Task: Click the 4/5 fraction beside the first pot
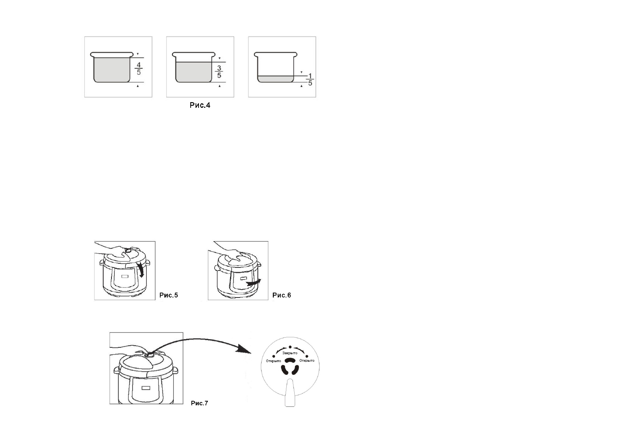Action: [x=139, y=68]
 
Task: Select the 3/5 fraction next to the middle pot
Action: [x=219, y=72]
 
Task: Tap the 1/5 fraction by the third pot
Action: [x=310, y=79]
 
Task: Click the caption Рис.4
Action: [x=200, y=106]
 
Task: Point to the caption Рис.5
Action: [x=169, y=295]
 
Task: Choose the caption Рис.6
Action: [x=281, y=295]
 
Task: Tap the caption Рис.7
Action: [x=199, y=403]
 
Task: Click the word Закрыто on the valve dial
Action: [x=290, y=353]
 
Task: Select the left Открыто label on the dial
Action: [x=273, y=361]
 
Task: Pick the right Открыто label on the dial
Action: [x=307, y=361]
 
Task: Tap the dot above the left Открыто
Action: [x=273, y=355]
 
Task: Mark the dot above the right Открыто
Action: [x=307, y=355]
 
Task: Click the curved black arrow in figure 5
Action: [x=141, y=270]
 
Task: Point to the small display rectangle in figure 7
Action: [x=146, y=388]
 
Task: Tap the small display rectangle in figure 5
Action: [x=125, y=276]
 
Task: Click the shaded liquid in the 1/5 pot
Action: [x=275, y=79]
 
